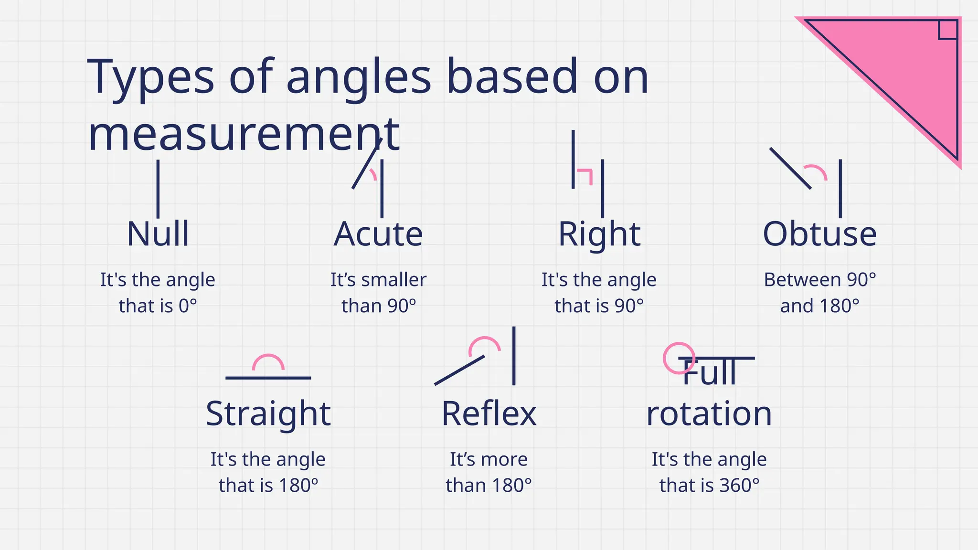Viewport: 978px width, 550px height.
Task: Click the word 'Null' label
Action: click(x=158, y=234)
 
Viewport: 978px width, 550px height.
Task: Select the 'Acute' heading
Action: click(x=378, y=234)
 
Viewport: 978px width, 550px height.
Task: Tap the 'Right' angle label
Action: click(x=599, y=234)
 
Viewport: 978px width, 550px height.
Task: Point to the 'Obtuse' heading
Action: click(x=819, y=234)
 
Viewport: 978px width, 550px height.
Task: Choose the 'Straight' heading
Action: click(x=268, y=413)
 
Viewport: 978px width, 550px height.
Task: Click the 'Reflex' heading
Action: click(x=489, y=413)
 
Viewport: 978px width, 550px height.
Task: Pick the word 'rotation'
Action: click(x=709, y=413)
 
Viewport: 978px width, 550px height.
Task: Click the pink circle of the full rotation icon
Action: click(x=679, y=358)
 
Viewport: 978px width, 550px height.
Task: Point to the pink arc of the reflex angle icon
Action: click(x=484, y=342)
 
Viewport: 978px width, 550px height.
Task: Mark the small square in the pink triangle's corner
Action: click(x=947, y=30)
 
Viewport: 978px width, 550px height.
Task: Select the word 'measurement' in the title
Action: click(x=244, y=135)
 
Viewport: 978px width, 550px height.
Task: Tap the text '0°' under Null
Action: click(x=188, y=306)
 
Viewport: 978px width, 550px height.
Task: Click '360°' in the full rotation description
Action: click(x=739, y=486)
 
